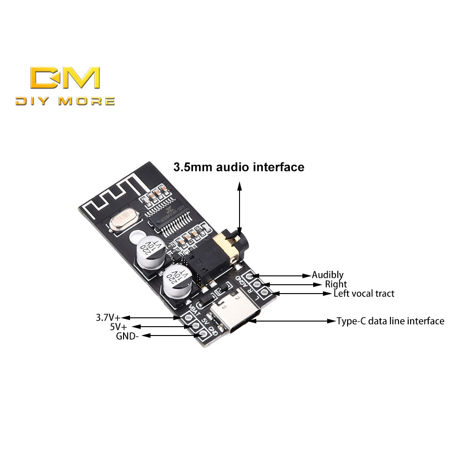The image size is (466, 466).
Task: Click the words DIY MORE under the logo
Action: coord(65,101)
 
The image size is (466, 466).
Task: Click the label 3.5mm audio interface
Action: coord(239,167)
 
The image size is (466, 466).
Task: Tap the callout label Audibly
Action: coord(328,275)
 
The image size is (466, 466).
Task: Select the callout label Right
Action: coord(336,284)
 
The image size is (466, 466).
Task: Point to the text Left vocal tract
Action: coord(364,294)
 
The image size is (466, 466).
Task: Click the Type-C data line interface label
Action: coord(391,321)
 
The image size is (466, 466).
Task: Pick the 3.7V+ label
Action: coord(108,318)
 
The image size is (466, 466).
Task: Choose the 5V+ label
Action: coord(118,327)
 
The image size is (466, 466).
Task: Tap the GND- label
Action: coord(127,336)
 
